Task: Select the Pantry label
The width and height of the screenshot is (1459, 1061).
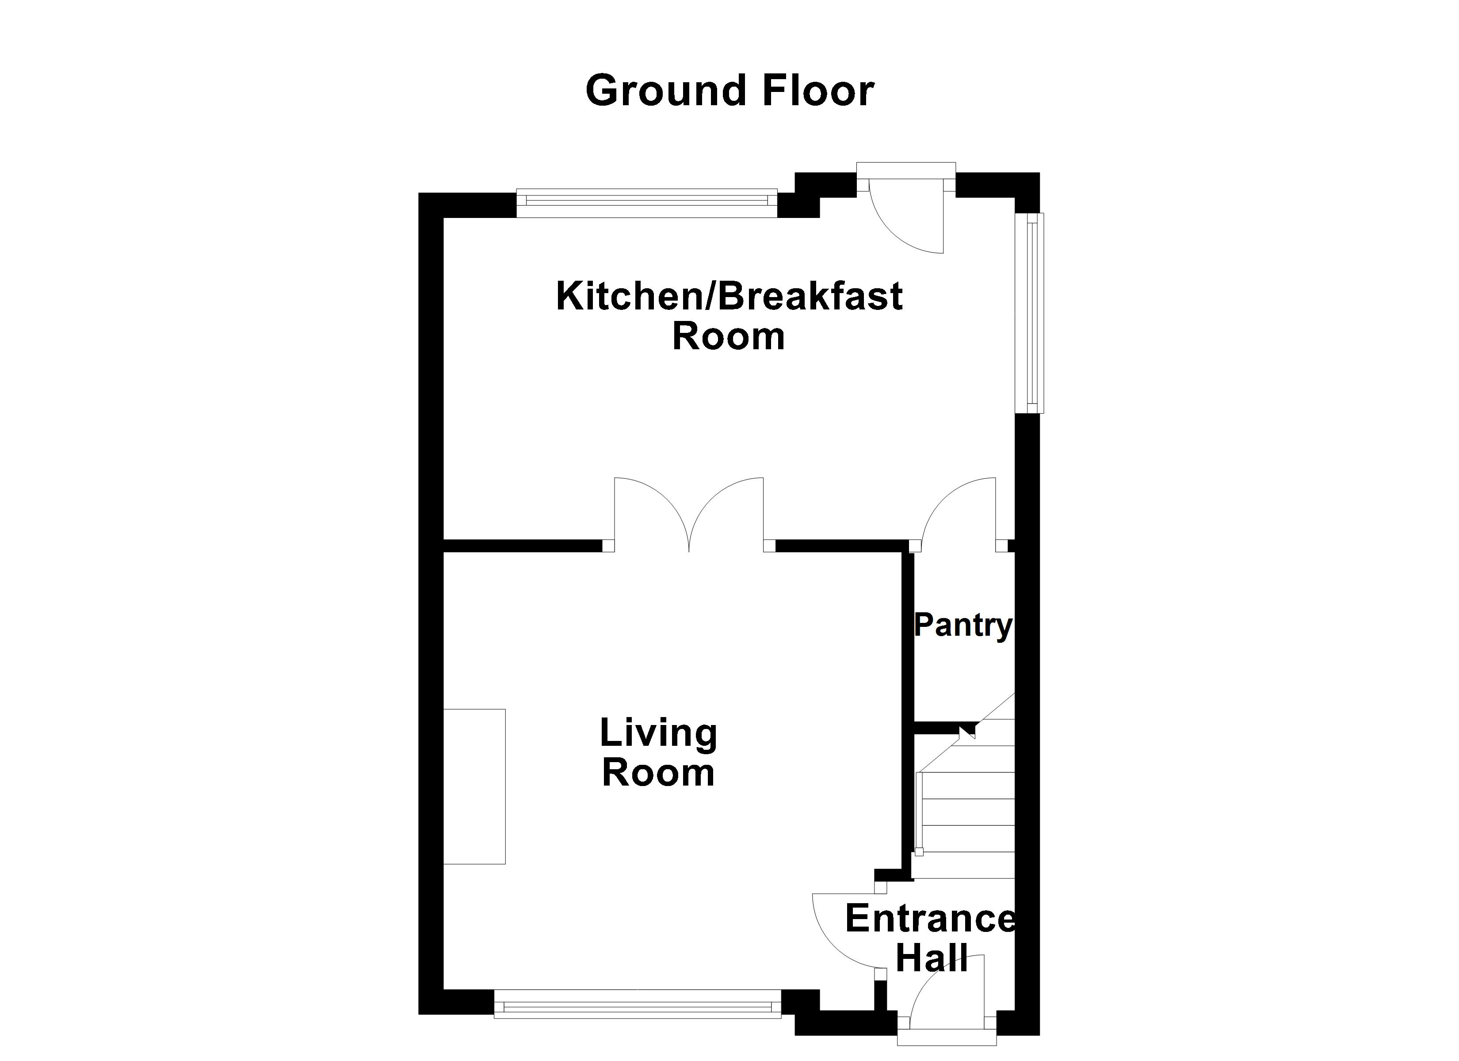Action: (963, 626)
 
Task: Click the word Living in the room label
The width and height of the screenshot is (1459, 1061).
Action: (658, 733)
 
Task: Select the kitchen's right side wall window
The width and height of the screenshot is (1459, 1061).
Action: (1029, 313)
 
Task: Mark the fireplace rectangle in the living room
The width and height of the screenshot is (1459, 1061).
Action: (474, 786)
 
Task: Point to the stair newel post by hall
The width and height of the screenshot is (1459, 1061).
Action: (919, 852)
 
